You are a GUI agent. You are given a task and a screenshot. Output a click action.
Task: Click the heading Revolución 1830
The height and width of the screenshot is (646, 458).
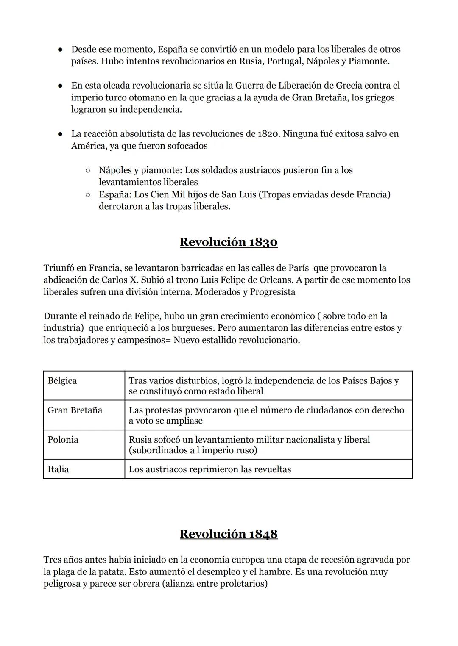(x=229, y=242)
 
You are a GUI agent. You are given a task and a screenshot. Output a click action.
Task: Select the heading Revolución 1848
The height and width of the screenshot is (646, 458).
(x=229, y=534)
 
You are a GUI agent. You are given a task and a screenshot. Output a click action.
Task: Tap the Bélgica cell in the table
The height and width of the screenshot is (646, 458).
(x=62, y=380)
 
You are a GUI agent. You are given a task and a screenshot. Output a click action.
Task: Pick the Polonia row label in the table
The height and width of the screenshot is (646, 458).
(x=63, y=440)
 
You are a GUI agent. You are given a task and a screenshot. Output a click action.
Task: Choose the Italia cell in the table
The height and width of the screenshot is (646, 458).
(x=58, y=469)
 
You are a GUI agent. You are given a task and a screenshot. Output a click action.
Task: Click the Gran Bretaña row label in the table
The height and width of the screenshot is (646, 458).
(x=75, y=410)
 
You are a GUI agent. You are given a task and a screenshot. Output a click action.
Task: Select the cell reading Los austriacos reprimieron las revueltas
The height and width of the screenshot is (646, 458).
(x=210, y=469)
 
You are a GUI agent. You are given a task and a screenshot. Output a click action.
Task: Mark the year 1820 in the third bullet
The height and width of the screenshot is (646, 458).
(x=268, y=134)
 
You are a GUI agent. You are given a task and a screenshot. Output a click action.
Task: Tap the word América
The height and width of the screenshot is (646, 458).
(x=89, y=146)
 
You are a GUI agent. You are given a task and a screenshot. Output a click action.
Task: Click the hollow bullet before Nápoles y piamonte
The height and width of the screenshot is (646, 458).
(x=87, y=170)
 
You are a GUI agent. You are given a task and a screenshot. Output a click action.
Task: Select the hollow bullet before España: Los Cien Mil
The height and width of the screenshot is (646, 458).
(x=87, y=195)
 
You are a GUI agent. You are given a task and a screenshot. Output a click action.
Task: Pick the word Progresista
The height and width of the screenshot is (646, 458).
(x=272, y=292)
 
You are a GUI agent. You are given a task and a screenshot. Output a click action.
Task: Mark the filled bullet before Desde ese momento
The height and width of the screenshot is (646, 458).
(x=61, y=50)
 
